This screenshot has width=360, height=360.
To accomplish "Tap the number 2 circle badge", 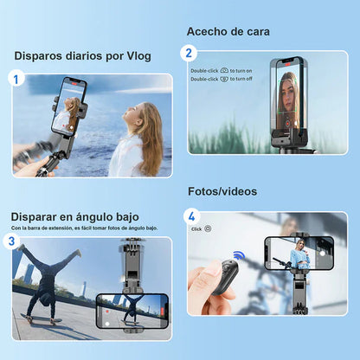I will click(190, 53).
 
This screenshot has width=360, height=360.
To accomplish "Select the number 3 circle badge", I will click(12, 241).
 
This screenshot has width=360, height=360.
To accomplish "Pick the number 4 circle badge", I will click(191, 216).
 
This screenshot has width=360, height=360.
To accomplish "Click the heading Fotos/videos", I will click(222, 191).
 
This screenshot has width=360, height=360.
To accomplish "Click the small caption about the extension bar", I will click(84, 228).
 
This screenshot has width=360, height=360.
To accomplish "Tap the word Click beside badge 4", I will click(196, 228).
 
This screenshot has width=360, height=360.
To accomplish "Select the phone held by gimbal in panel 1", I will click(71, 106).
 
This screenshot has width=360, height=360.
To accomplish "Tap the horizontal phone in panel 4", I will click(299, 257).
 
